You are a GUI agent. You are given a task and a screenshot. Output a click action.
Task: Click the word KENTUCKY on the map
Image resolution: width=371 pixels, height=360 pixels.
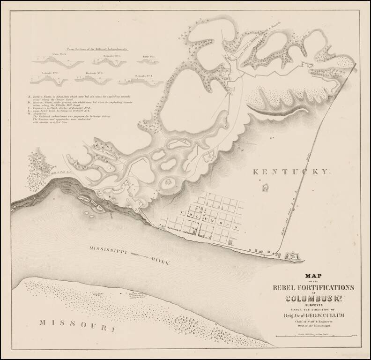pyautogui.click(x=291, y=172)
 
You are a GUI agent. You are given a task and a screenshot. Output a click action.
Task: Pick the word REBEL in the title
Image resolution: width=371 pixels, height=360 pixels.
pyautogui.click(x=285, y=287)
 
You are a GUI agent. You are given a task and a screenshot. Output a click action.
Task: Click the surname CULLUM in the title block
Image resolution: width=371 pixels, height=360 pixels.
pyautogui.click(x=330, y=315)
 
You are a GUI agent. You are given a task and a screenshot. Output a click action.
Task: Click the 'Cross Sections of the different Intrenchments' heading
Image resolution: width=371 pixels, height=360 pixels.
pyautogui.click(x=93, y=49)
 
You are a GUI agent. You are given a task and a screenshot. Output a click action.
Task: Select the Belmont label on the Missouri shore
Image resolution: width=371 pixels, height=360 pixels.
pyautogui.click(x=97, y=294)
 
